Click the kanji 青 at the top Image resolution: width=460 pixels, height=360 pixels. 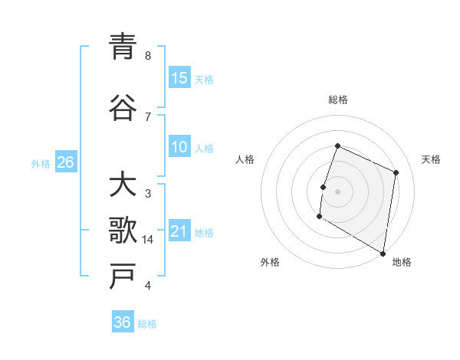123,47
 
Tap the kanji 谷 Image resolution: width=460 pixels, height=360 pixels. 123,107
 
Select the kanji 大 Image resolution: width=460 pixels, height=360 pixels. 123,186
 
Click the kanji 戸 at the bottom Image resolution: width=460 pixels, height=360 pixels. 123,277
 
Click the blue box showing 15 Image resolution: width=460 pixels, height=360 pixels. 179,78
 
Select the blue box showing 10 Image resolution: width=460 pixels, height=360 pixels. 179,147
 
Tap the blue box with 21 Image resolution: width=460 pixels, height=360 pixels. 179,231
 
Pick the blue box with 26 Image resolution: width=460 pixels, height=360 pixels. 65,162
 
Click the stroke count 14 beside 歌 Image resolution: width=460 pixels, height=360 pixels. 148,240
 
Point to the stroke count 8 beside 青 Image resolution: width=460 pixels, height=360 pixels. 148,56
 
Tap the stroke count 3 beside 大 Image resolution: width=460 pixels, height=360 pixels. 148,194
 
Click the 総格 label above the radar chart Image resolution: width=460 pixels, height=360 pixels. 338,100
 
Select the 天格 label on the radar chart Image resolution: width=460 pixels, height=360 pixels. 431,159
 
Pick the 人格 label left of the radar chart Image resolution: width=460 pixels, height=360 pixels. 245,159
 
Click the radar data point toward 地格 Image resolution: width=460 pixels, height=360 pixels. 383,253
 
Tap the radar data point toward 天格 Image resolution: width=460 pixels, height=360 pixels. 396,172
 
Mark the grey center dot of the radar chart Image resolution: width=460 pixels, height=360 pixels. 337,191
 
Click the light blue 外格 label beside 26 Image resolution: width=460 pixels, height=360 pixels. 41,163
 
